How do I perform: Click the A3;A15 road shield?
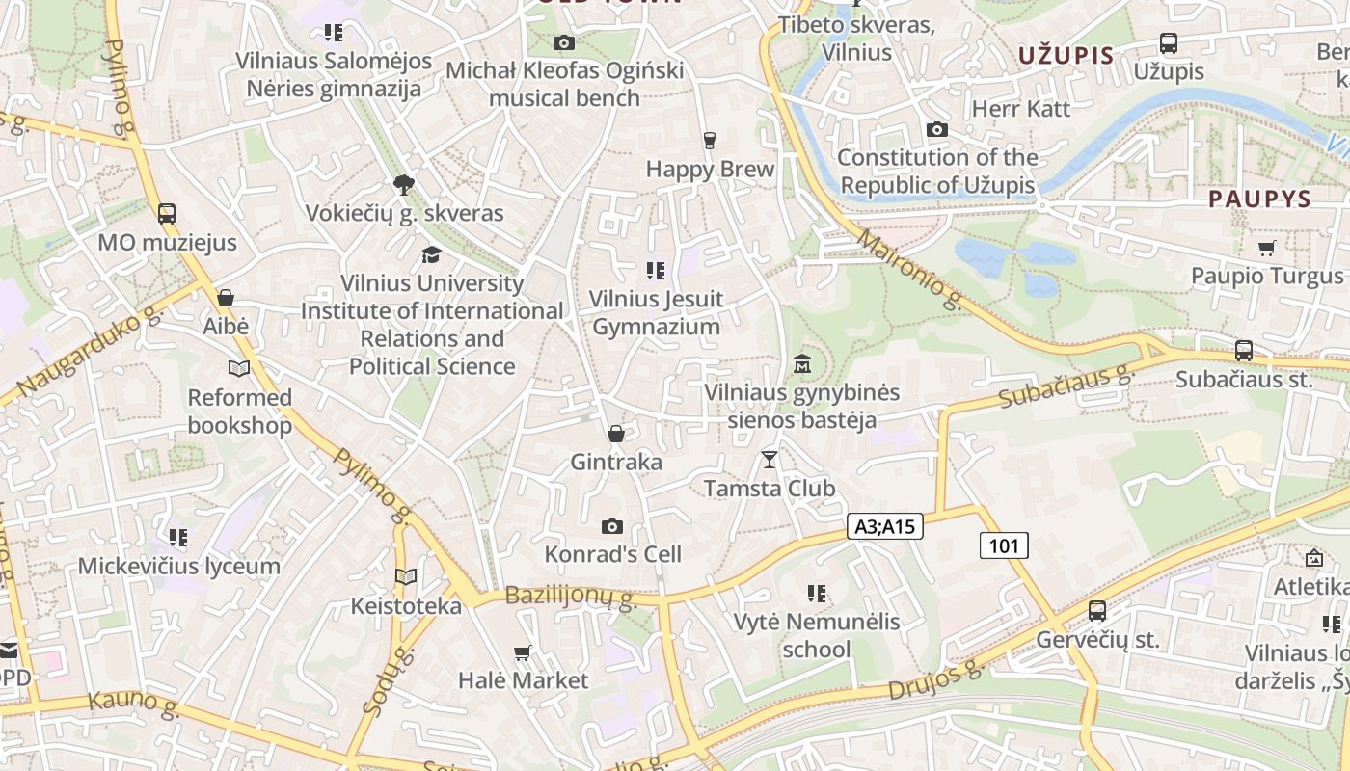coord(885,526)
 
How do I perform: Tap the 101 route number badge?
coord(1004,546)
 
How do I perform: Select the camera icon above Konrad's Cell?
coord(611,526)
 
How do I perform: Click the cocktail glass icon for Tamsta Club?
coord(769,459)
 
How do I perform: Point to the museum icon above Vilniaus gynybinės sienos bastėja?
coord(801,364)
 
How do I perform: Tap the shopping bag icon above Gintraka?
coord(615,434)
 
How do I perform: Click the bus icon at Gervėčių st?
coord(1097,610)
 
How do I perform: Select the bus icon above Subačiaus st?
coord(1244,351)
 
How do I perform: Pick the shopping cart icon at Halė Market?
coord(523,652)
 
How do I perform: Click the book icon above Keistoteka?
coord(406,577)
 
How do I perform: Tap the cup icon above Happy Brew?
coord(710,141)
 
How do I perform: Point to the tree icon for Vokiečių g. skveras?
coord(404,184)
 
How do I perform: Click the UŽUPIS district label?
coord(1066,55)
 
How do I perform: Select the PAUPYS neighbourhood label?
coord(1260,199)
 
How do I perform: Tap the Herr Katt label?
coord(1021,108)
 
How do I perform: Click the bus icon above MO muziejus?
coord(167,213)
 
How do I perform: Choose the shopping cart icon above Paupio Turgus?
coord(1266,248)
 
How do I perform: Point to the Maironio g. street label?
coord(908,270)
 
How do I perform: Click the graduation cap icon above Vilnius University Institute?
coord(431,254)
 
